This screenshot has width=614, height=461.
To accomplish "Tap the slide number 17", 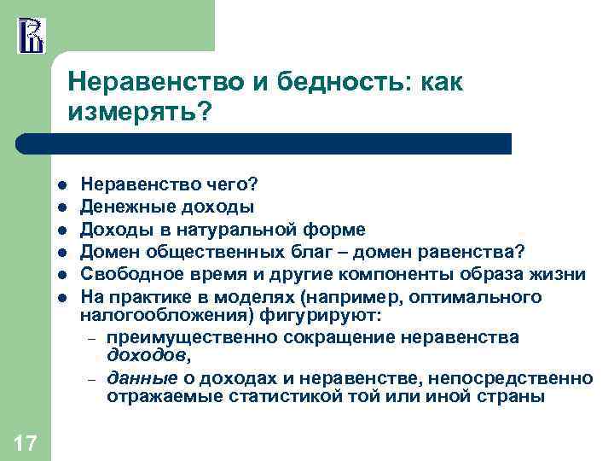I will pyautogui.click(x=26, y=442).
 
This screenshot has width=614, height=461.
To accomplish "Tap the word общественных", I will pyautogui.click(x=205, y=252).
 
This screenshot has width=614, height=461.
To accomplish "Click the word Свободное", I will pyautogui.click(x=122, y=275).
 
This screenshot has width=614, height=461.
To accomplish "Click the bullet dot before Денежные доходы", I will pyautogui.click(x=62, y=207).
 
